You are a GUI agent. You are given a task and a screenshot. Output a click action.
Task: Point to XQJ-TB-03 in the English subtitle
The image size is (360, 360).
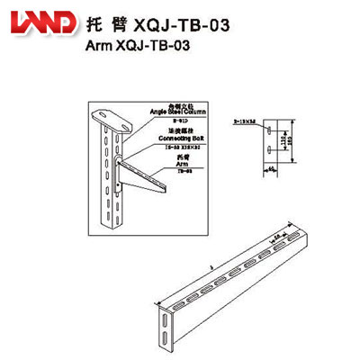[148, 47]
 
